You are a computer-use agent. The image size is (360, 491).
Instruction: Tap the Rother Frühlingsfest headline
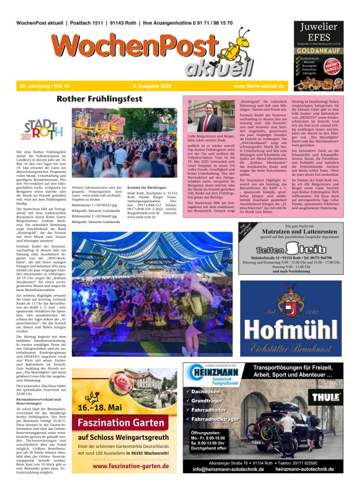pyautogui.click(x=98, y=99)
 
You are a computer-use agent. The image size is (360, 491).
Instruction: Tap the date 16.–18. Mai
pyautogui.click(x=99, y=409)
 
